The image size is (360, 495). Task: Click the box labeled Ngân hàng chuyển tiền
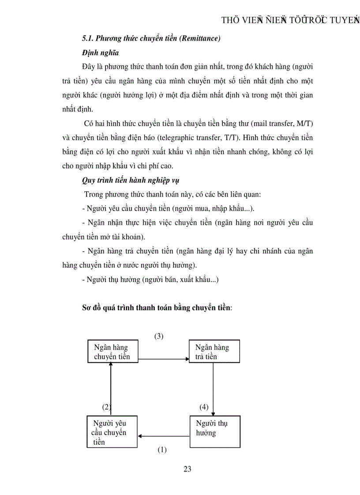tap(113, 351)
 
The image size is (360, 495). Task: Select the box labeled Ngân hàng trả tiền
tap(214, 351)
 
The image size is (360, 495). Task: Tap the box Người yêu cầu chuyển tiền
tap(112, 432)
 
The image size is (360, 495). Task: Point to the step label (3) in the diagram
tap(159, 336)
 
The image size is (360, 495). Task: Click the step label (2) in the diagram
tap(106, 407)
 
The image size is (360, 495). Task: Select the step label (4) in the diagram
tap(204, 407)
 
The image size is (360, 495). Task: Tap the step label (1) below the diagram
tap(162, 450)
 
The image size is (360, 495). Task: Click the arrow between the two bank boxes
tap(164, 360)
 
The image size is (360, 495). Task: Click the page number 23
tap(187, 469)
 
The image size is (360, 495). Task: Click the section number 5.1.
tap(88, 38)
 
